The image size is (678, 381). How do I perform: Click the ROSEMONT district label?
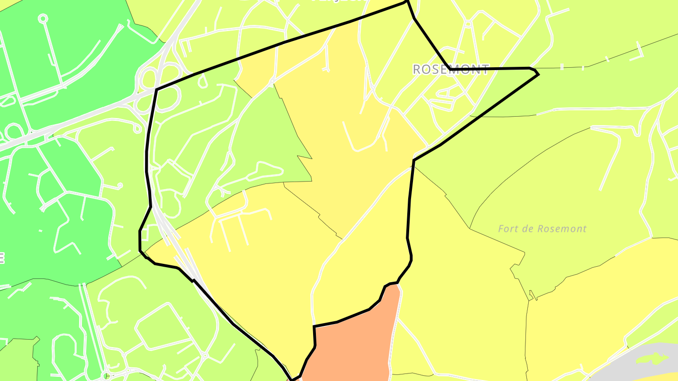(451, 70)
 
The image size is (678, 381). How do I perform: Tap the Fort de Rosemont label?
(542, 229)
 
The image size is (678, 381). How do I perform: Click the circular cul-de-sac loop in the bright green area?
(43, 18)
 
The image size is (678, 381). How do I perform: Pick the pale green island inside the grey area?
(652, 358)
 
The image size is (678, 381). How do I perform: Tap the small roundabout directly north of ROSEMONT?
(468, 24)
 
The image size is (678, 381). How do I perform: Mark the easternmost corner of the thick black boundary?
(538, 74)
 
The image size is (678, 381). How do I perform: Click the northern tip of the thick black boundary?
(407, 2)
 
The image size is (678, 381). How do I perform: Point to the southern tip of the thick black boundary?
(292, 379)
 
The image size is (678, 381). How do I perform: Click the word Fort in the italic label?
(508, 229)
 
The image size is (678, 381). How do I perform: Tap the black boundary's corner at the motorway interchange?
(156, 89)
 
